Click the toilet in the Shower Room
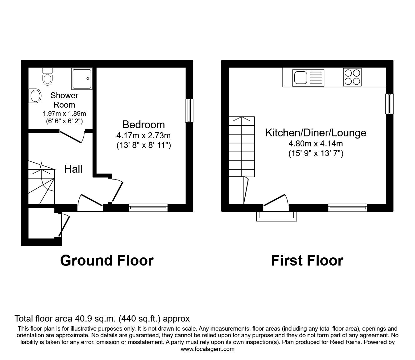click(47, 76)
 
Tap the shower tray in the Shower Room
click(82, 78)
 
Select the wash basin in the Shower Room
click(35, 96)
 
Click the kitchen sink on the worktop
click(308, 77)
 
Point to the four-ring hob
click(352, 77)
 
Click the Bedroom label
click(143, 124)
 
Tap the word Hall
click(73, 169)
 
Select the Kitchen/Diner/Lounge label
click(316, 133)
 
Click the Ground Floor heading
click(107, 260)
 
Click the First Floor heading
click(307, 260)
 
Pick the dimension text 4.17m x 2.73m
click(143, 136)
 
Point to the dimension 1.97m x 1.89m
click(64, 114)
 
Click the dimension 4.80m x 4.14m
click(316, 144)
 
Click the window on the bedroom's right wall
click(189, 110)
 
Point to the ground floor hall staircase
click(41, 183)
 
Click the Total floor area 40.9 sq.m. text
click(102, 319)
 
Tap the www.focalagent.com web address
click(207, 349)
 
